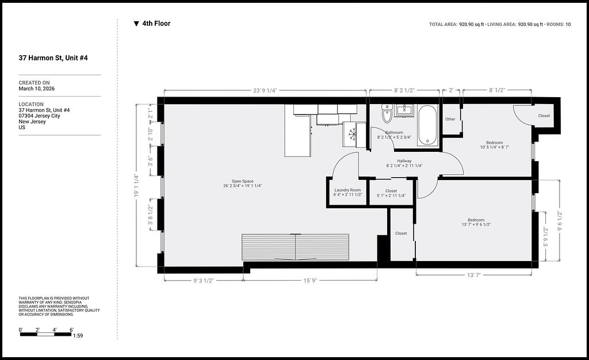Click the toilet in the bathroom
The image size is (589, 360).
point(387,113)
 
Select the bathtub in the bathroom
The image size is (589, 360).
point(427,125)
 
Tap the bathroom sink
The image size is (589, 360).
point(404,111)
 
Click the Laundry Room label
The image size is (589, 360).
point(347,190)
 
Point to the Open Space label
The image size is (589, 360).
point(242,181)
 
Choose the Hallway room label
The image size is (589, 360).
point(404,160)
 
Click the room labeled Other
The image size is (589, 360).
point(450,119)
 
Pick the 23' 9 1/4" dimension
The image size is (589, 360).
point(265,90)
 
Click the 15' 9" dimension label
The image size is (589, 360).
point(310,281)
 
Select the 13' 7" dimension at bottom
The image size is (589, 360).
point(474,275)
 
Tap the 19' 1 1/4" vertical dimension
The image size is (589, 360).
point(136,185)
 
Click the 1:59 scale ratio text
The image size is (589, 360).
point(78,336)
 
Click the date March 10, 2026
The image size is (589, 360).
point(36,89)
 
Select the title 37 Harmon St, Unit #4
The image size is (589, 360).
point(53,58)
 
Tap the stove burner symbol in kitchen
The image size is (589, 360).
point(352,133)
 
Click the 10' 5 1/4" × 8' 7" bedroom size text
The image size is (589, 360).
point(494,147)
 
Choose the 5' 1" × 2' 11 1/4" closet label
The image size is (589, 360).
point(391,195)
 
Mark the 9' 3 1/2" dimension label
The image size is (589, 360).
point(203,281)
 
